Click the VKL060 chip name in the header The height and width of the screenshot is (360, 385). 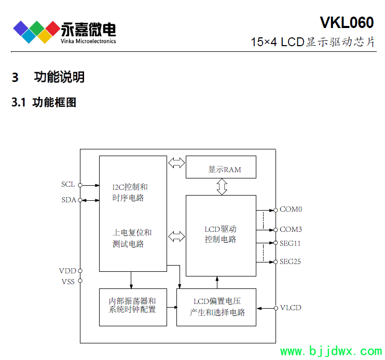[x=346, y=22]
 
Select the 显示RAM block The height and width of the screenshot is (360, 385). [x=221, y=169]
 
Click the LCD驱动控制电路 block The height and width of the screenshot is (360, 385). [x=221, y=235]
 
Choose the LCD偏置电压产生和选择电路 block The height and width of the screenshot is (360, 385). [x=216, y=307]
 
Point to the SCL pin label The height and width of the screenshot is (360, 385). [x=68, y=185]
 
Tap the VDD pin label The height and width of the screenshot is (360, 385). [x=67, y=271]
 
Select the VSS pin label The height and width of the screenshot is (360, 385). [x=68, y=282]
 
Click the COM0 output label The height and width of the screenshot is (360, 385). [x=291, y=210]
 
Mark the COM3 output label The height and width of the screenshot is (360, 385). [x=291, y=229]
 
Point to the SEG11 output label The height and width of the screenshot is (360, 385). [x=290, y=243]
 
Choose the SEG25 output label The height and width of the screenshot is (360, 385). [x=290, y=261]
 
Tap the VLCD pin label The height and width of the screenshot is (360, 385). [x=291, y=308]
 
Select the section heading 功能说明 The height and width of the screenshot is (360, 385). [x=59, y=78]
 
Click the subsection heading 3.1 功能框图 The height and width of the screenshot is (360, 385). [x=44, y=103]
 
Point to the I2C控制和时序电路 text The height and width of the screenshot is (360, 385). [x=130, y=192]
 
